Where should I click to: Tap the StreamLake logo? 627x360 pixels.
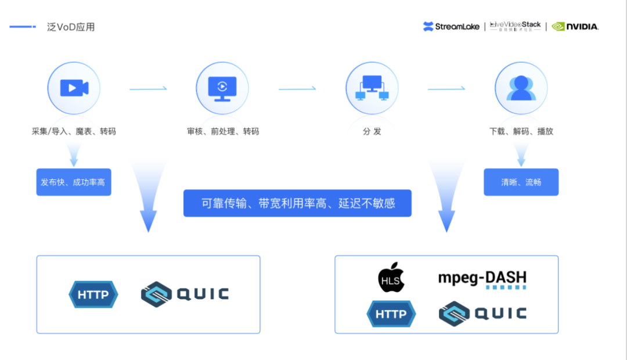coord(451,26)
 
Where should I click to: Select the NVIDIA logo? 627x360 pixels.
coord(575,26)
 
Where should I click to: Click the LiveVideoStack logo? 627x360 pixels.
coord(515,26)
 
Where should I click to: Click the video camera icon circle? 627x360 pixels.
coord(74,88)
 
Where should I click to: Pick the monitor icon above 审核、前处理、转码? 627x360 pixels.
coord(222,88)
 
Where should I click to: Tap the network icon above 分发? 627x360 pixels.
coord(372,88)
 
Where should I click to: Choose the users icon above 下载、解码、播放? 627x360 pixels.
coord(521,88)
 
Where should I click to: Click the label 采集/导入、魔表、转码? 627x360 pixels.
coord(74,131)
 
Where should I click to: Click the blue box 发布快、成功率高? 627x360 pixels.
coord(74,182)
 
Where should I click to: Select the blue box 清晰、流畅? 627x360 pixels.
coord(521,182)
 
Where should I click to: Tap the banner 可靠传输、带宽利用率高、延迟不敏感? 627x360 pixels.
coord(297,203)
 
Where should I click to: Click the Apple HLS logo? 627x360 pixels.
coord(391,278)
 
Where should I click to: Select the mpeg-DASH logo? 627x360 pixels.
coord(482,279)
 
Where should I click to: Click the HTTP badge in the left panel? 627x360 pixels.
coord(93,294)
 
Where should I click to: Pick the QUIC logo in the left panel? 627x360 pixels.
coord(185,294)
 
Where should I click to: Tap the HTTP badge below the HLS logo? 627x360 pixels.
coord(391,314)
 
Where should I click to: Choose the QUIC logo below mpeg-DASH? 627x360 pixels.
coord(482,314)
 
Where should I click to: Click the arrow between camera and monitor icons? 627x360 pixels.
coord(148,89)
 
